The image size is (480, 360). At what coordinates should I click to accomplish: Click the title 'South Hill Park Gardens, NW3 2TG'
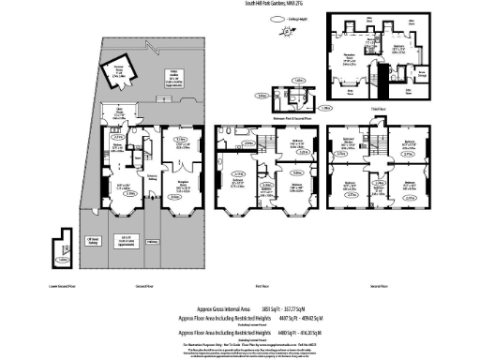click(240, 4)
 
